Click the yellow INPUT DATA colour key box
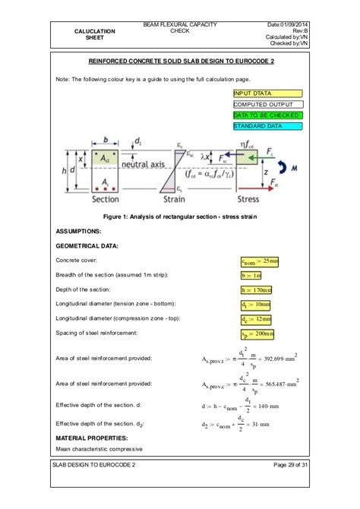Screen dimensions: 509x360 pos(267,93)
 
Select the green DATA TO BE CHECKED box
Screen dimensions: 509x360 pos(267,115)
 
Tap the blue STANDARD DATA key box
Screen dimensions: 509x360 pos(267,126)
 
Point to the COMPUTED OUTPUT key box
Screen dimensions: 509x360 pos(267,104)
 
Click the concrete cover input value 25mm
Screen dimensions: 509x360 pos(259,262)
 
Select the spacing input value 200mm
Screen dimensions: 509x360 pos(257,334)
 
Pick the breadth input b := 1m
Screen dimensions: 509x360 pos(251,276)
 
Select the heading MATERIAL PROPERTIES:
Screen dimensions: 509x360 pos(93,438)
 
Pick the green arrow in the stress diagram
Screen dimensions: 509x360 pos(258,159)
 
